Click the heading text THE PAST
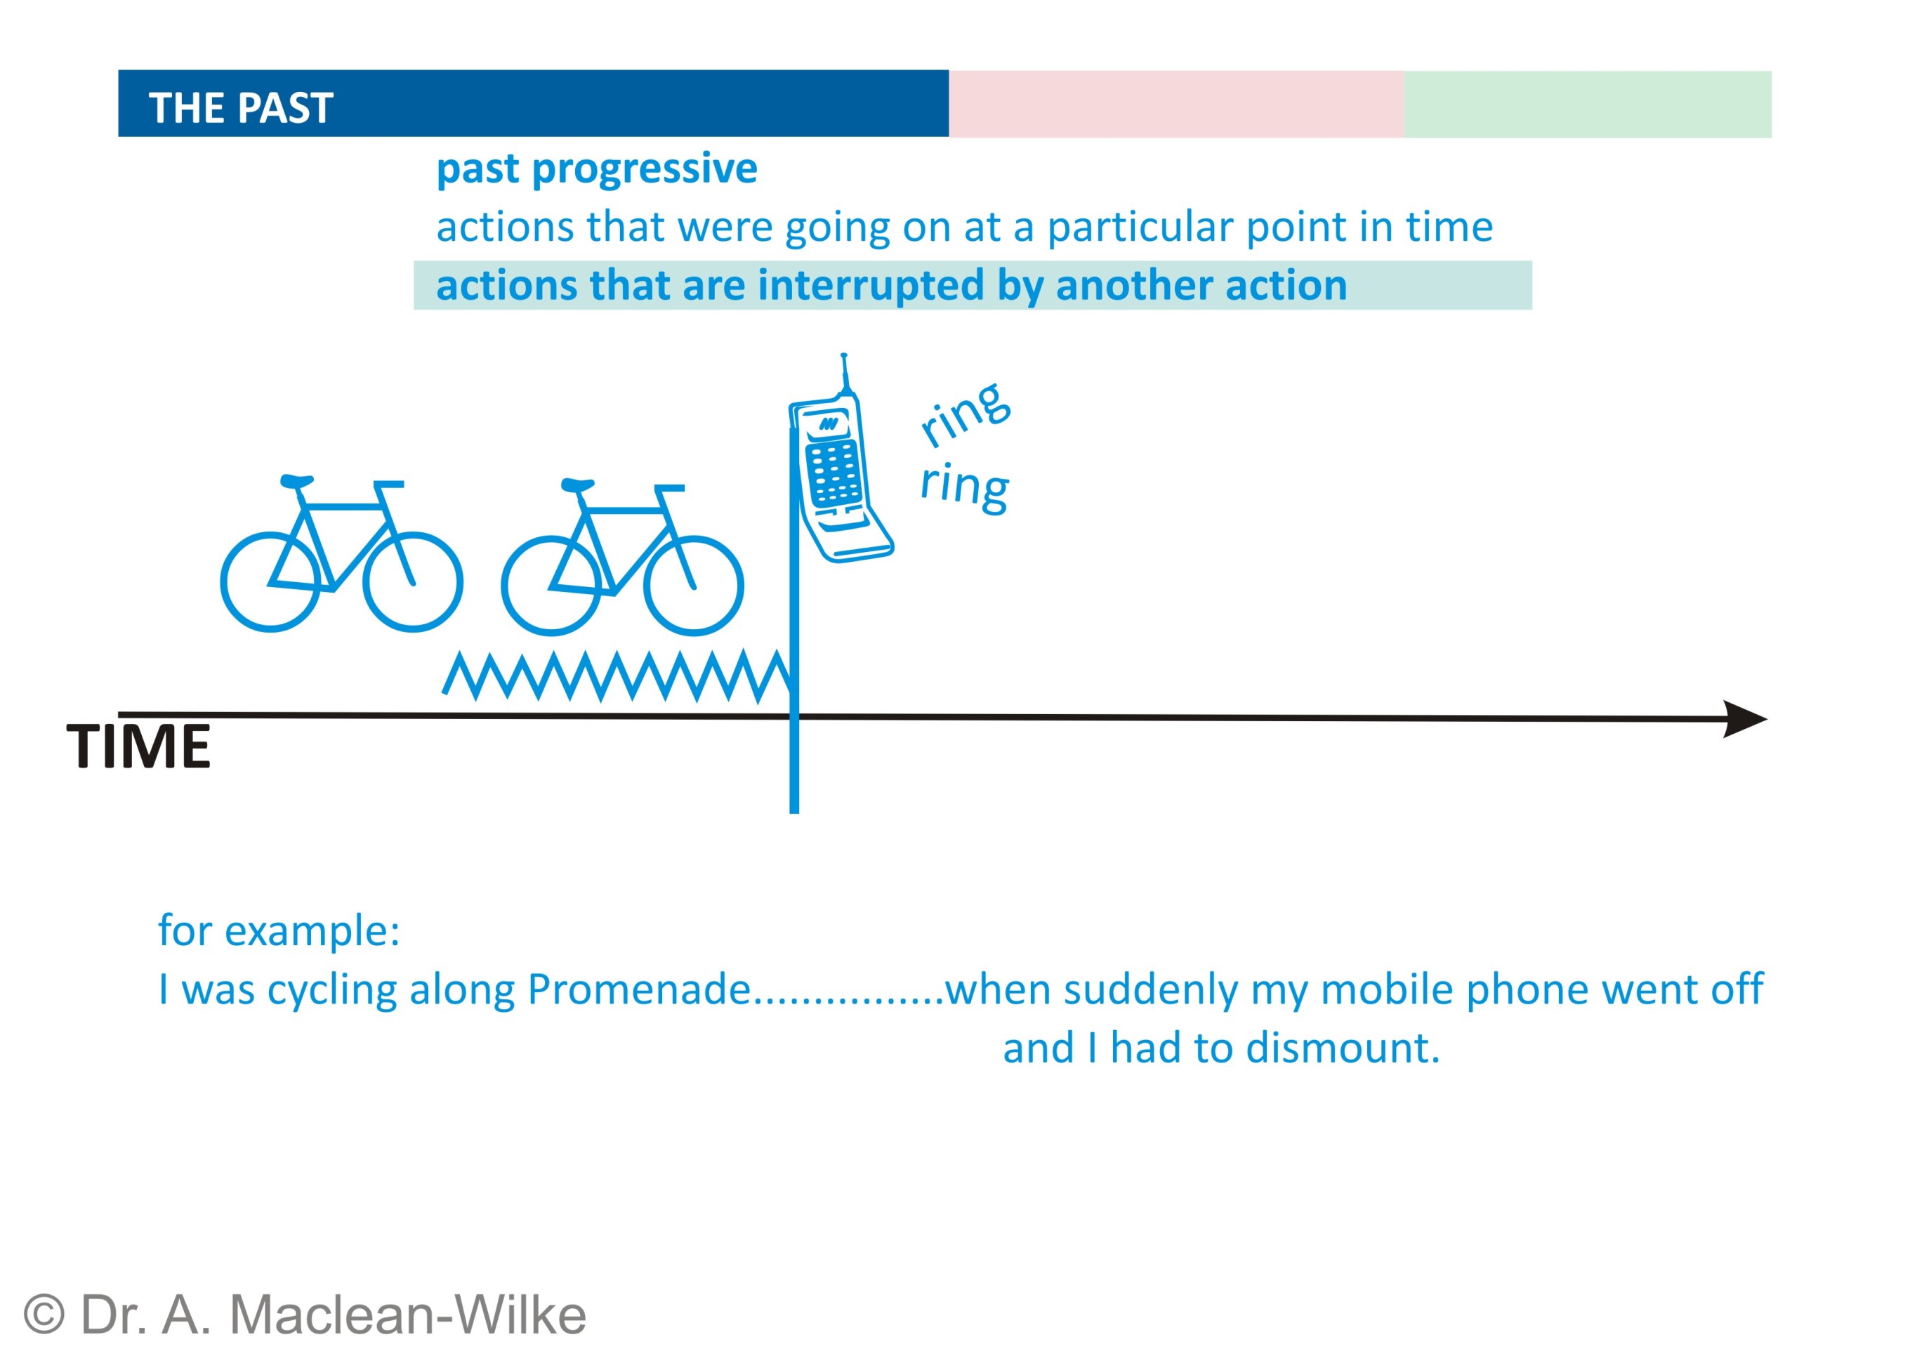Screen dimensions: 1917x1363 point(241,108)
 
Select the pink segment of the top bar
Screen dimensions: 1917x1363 point(1176,104)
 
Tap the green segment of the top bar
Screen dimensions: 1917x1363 point(1587,104)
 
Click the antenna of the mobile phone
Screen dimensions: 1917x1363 point(845,374)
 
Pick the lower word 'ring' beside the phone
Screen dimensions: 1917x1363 point(964,487)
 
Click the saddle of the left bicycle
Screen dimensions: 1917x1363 point(296,482)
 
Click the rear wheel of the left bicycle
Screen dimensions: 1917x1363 point(271,581)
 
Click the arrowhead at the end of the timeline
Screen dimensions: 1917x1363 point(1745,719)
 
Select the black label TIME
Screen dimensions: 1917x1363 point(138,746)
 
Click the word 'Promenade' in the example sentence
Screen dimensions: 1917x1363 point(639,989)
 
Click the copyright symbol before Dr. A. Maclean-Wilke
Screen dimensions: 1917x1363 point(44,1315)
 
